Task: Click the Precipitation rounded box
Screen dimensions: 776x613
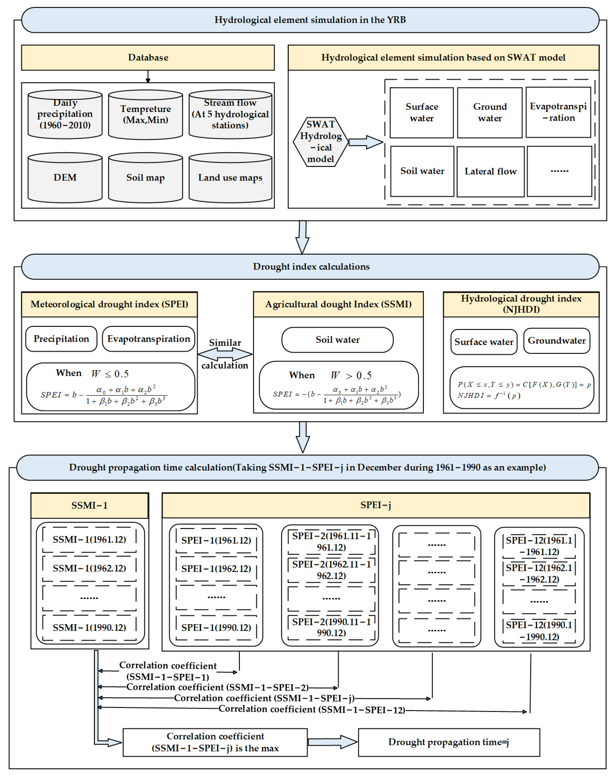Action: point(61,339)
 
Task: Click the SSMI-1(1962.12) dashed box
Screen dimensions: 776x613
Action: point(89,568)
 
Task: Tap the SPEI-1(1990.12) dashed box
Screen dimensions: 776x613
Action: point(216,628)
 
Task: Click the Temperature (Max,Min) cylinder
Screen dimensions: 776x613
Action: point(145,115)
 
